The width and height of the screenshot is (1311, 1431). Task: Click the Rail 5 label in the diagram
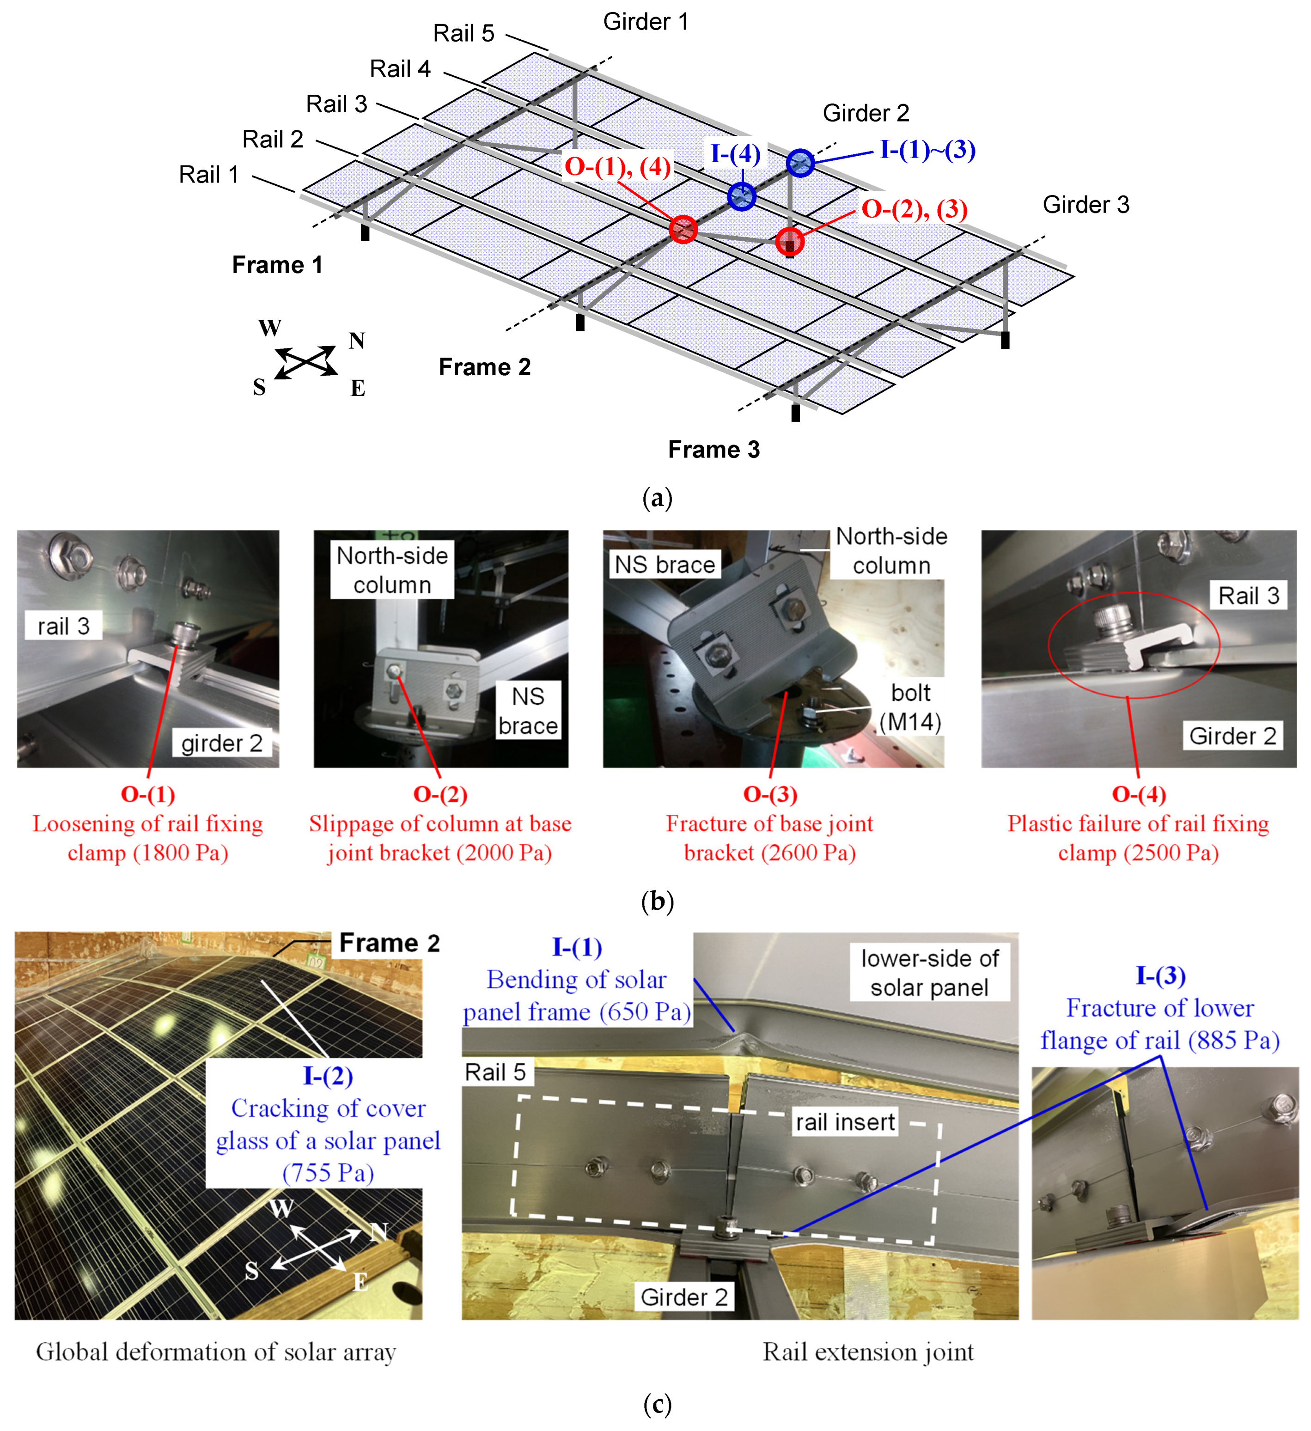coord(463,33)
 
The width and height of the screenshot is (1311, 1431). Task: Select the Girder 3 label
coord(1085,205)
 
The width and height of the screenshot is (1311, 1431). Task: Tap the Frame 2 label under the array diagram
coord(485,367)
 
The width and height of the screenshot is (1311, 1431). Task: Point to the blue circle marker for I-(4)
coord(742,196)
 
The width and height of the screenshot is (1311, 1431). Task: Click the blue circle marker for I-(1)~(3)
coord(800,163)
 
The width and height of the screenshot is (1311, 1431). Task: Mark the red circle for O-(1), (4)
coord(683,229)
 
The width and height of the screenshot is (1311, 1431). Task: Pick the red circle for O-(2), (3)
coord(789,241)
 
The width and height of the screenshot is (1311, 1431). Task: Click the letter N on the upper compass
coord(357,341)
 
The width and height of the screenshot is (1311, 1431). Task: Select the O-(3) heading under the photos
coord(770,794)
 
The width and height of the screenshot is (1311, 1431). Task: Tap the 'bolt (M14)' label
coord(911,708)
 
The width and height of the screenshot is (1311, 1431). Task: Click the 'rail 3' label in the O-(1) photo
coord(64,626)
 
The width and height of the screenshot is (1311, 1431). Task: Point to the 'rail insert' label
coord(845,1122)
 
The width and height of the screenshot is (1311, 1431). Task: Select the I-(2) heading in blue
coord(328,1076)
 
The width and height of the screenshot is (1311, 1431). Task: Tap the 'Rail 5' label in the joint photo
coord(495,1072)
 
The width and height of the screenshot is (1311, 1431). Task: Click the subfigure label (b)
coord(657,901)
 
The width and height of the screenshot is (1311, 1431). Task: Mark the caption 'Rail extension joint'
coord(868,1352)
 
